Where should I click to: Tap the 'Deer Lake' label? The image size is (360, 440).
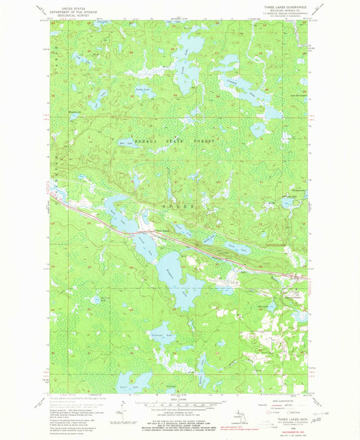(x=123, y=143)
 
